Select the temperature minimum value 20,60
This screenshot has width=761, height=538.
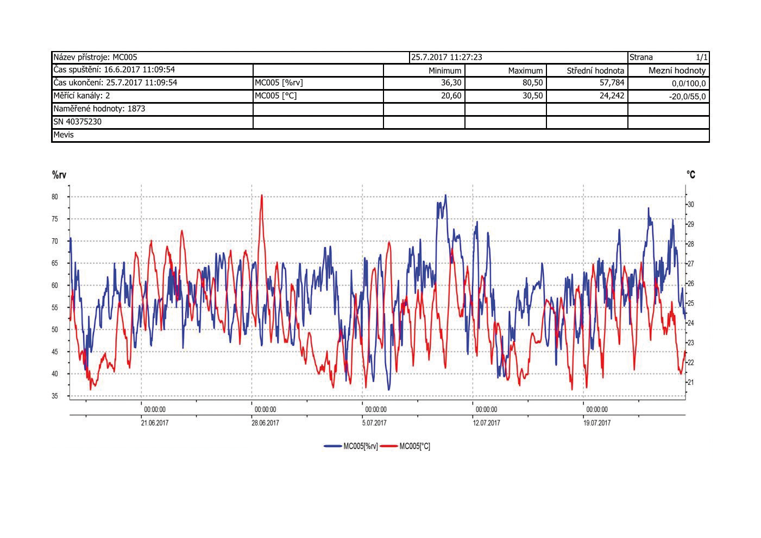[x=450, y=96]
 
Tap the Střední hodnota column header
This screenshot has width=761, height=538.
[x=595, y=71]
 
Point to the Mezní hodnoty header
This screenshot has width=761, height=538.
[x=677, y=71]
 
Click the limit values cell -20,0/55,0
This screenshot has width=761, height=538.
[x=688, y=97]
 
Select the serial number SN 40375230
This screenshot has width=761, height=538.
[x=77, y=122]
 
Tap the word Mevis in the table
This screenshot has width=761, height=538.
[x=64, y=135]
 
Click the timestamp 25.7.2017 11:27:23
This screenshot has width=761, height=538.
[x=446, y=57]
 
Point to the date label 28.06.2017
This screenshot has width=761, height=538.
[x=265, y=423]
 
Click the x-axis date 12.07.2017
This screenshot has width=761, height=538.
[x=486, y=423]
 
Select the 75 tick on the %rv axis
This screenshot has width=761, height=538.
[x=55, y=219]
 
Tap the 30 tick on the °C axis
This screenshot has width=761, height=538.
[x=691, y=205]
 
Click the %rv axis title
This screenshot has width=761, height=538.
[x=59, y=175]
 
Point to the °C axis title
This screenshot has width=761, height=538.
[x=690, y=175]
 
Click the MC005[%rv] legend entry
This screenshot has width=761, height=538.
[x=351, y=446]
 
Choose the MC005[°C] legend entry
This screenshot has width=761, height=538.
[x=406, y=446]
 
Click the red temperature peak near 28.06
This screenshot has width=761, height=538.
[x=262, y=197]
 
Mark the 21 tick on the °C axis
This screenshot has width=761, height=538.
[x=691, y=382]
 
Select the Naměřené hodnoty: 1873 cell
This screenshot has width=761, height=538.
[x=99, y=109]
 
